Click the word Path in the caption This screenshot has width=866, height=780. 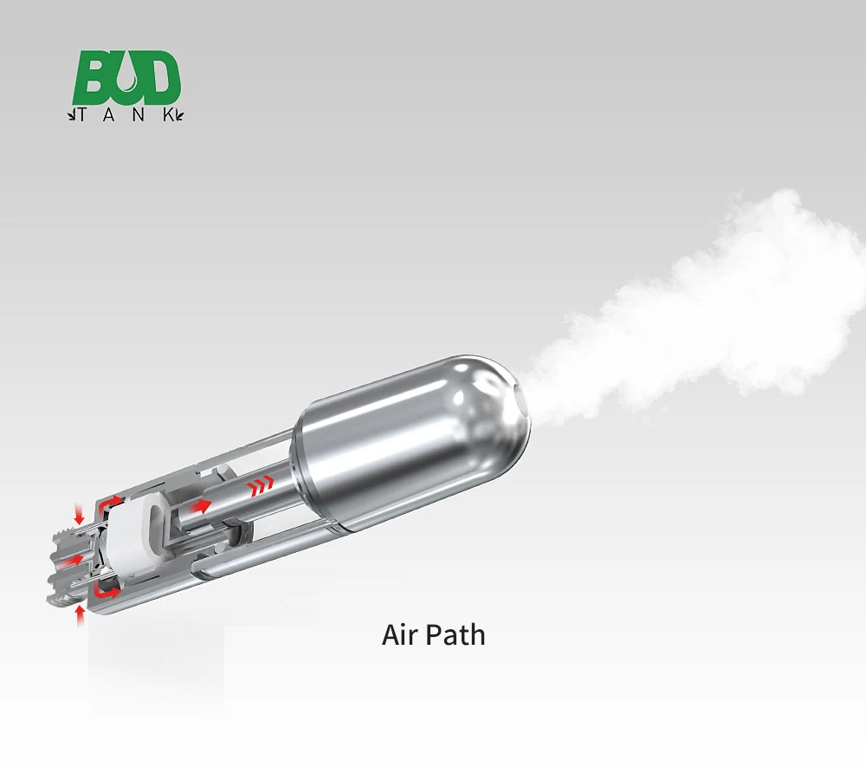[458, 634]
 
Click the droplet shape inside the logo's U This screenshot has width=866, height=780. [126, 81]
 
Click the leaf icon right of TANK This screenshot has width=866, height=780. [179, 114]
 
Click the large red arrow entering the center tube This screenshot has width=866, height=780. [199, 505]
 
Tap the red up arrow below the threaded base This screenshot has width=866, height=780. [81, 614]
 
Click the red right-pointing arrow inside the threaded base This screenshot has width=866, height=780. [75, 560]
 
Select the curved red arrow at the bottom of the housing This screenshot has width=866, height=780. [109, 593]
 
